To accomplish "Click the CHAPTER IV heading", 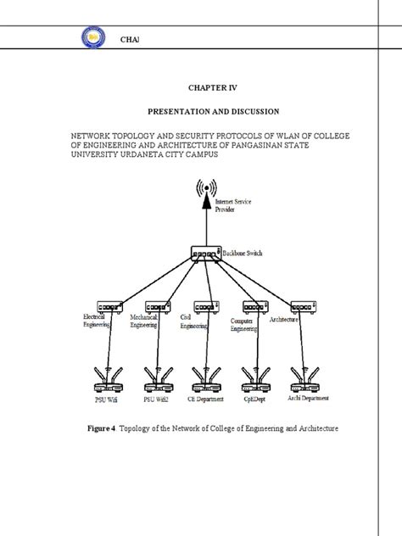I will coord(200,87).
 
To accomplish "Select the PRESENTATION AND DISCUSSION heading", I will coord(200,111).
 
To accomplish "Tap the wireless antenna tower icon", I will coord(204,193).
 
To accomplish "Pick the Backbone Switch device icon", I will coord(204,253).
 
